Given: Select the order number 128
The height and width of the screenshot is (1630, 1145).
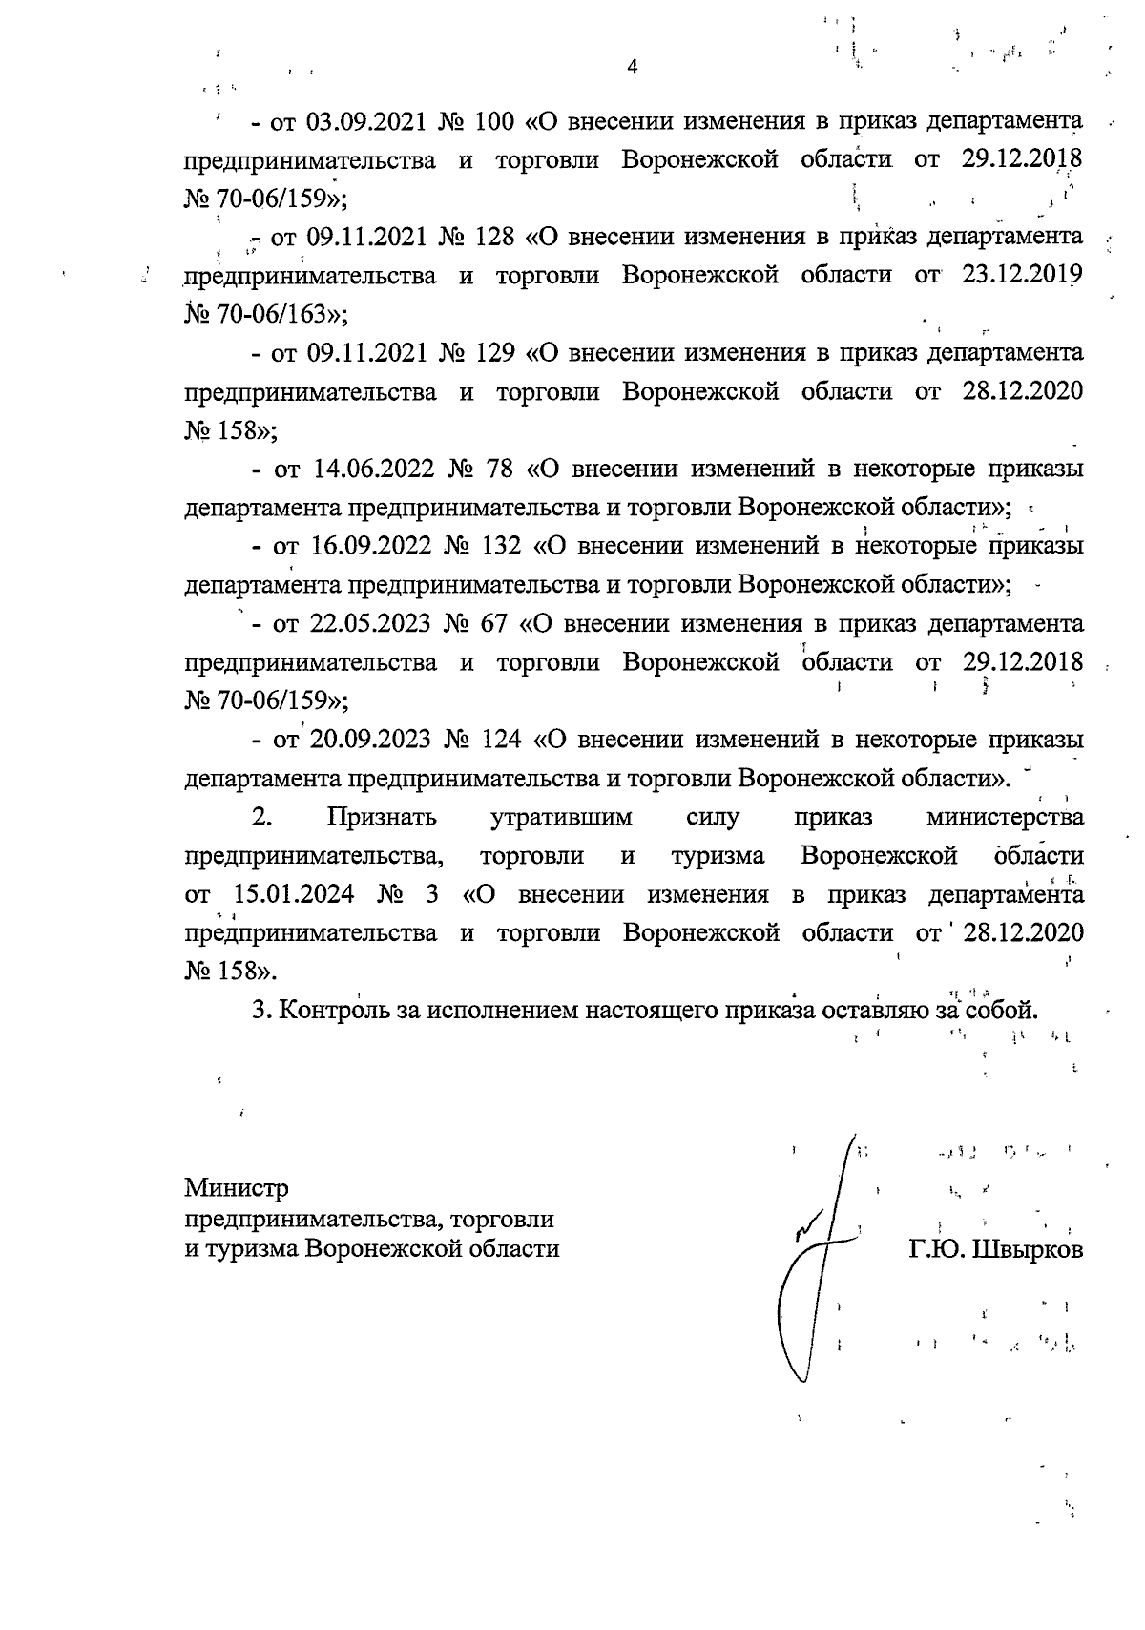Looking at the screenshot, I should point(493,236).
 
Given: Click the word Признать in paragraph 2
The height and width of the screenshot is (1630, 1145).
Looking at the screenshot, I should point(382,818).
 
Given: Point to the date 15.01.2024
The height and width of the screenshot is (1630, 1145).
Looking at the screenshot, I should point(295,895).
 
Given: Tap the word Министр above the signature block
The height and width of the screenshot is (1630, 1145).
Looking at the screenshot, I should point(236,1189).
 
